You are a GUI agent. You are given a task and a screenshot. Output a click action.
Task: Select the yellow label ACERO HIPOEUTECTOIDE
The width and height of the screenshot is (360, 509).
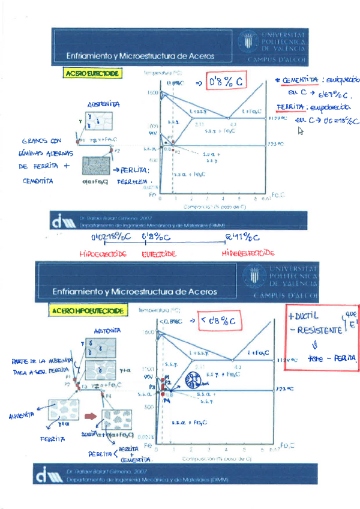89,311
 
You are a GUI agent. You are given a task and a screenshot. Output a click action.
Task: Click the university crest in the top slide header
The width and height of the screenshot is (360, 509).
248,42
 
